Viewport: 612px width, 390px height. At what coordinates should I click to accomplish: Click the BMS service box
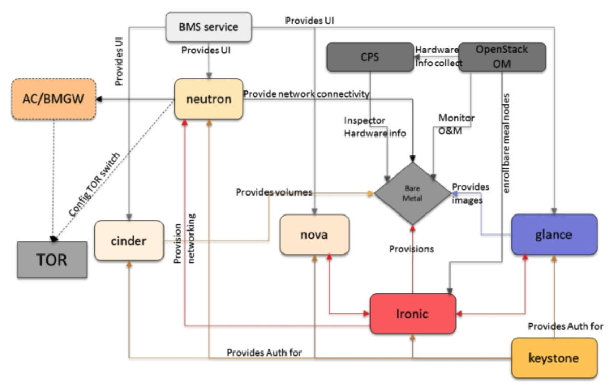point(209,27)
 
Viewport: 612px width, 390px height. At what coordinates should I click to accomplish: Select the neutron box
point(209,99)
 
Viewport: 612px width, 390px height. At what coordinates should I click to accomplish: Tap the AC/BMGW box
point(54,99)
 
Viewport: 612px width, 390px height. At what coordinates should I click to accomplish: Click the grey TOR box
point(52,260)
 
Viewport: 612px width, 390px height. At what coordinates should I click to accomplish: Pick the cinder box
point(129,241)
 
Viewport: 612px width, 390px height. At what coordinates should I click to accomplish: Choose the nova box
point(315,235)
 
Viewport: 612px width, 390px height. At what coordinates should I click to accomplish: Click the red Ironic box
point(413,314)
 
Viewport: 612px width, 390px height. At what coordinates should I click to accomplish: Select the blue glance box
point(554,235)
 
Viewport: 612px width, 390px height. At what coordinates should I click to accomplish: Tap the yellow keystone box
point(554,358)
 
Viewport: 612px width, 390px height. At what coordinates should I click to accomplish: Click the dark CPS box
point(370,57)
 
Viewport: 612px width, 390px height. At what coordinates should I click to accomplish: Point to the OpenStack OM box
point(502,57)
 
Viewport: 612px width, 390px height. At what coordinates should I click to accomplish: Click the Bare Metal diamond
point(413,193)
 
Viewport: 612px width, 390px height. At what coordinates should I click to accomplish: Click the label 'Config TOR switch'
point(94,184)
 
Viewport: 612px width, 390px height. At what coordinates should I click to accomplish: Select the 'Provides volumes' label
point(274,192)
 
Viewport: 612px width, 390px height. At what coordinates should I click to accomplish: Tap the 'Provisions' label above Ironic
point(412,249)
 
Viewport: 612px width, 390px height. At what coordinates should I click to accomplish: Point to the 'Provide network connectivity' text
point(307,94)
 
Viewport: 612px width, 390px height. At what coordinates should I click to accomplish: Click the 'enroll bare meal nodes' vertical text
point(506,143)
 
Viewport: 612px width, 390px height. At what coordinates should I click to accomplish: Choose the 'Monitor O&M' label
point(456,124)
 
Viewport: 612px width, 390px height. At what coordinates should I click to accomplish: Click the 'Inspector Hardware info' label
point(375,127)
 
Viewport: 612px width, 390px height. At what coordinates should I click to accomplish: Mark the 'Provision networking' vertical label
point(184,239)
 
